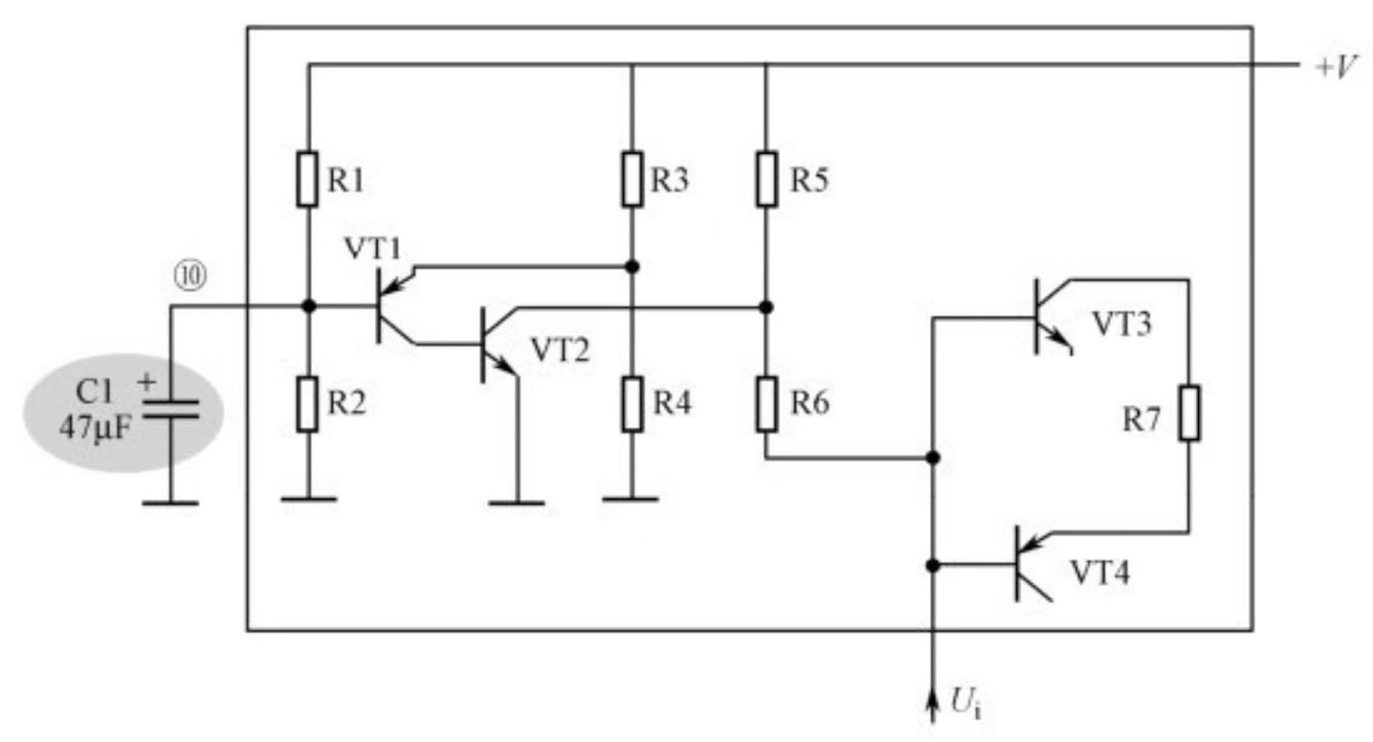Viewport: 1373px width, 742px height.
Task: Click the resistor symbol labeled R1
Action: [x=307, y=179]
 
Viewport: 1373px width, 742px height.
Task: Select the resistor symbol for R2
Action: [x=307, y=403]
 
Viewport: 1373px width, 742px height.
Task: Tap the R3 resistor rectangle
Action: [x=632, y=179]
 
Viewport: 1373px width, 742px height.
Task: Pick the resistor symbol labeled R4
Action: [x=632, y=403]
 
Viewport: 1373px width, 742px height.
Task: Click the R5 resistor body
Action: [x=766, y=179]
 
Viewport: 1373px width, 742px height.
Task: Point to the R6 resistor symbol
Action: [x=766, y=403]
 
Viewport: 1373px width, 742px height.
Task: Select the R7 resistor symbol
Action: [x=1189, y=413]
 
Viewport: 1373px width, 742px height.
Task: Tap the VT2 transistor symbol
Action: [x=493, y=345]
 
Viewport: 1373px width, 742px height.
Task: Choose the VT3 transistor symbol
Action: [x=1047, y=317]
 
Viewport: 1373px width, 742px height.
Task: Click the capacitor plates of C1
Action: [x=170, y=409]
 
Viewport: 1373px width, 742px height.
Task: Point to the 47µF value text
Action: [x=95, y=426]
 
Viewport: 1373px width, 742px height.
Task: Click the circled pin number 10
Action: [x=191, y=275]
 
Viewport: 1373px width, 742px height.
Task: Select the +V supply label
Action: [x=1335, y=66]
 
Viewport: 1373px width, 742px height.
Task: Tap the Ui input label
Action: [x=965, y=703]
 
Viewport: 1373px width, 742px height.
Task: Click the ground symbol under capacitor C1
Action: [x=170, y=503]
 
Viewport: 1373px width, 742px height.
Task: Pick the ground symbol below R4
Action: [x=631, y=498]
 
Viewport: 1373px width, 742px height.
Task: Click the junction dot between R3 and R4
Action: [x=632, y=267]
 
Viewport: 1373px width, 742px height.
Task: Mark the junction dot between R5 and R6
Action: [x=766, y=307]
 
